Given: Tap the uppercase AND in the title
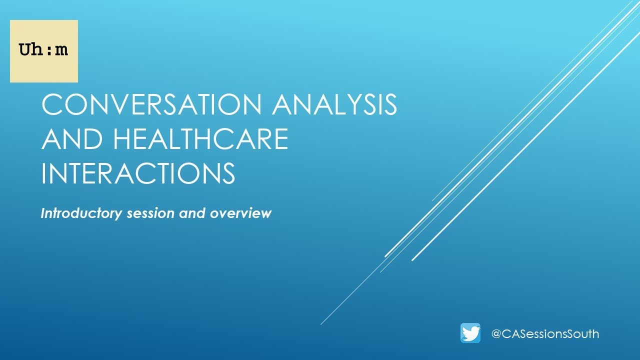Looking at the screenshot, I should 73,139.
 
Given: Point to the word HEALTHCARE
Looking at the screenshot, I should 200,139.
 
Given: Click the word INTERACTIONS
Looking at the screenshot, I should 138,173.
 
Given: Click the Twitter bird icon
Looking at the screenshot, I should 470,333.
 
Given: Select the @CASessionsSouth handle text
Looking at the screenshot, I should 545,333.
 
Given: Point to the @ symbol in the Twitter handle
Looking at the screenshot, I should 496,333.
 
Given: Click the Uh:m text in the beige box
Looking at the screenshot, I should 43,50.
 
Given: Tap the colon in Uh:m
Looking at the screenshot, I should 49,50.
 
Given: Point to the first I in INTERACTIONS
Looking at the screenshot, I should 44,173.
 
